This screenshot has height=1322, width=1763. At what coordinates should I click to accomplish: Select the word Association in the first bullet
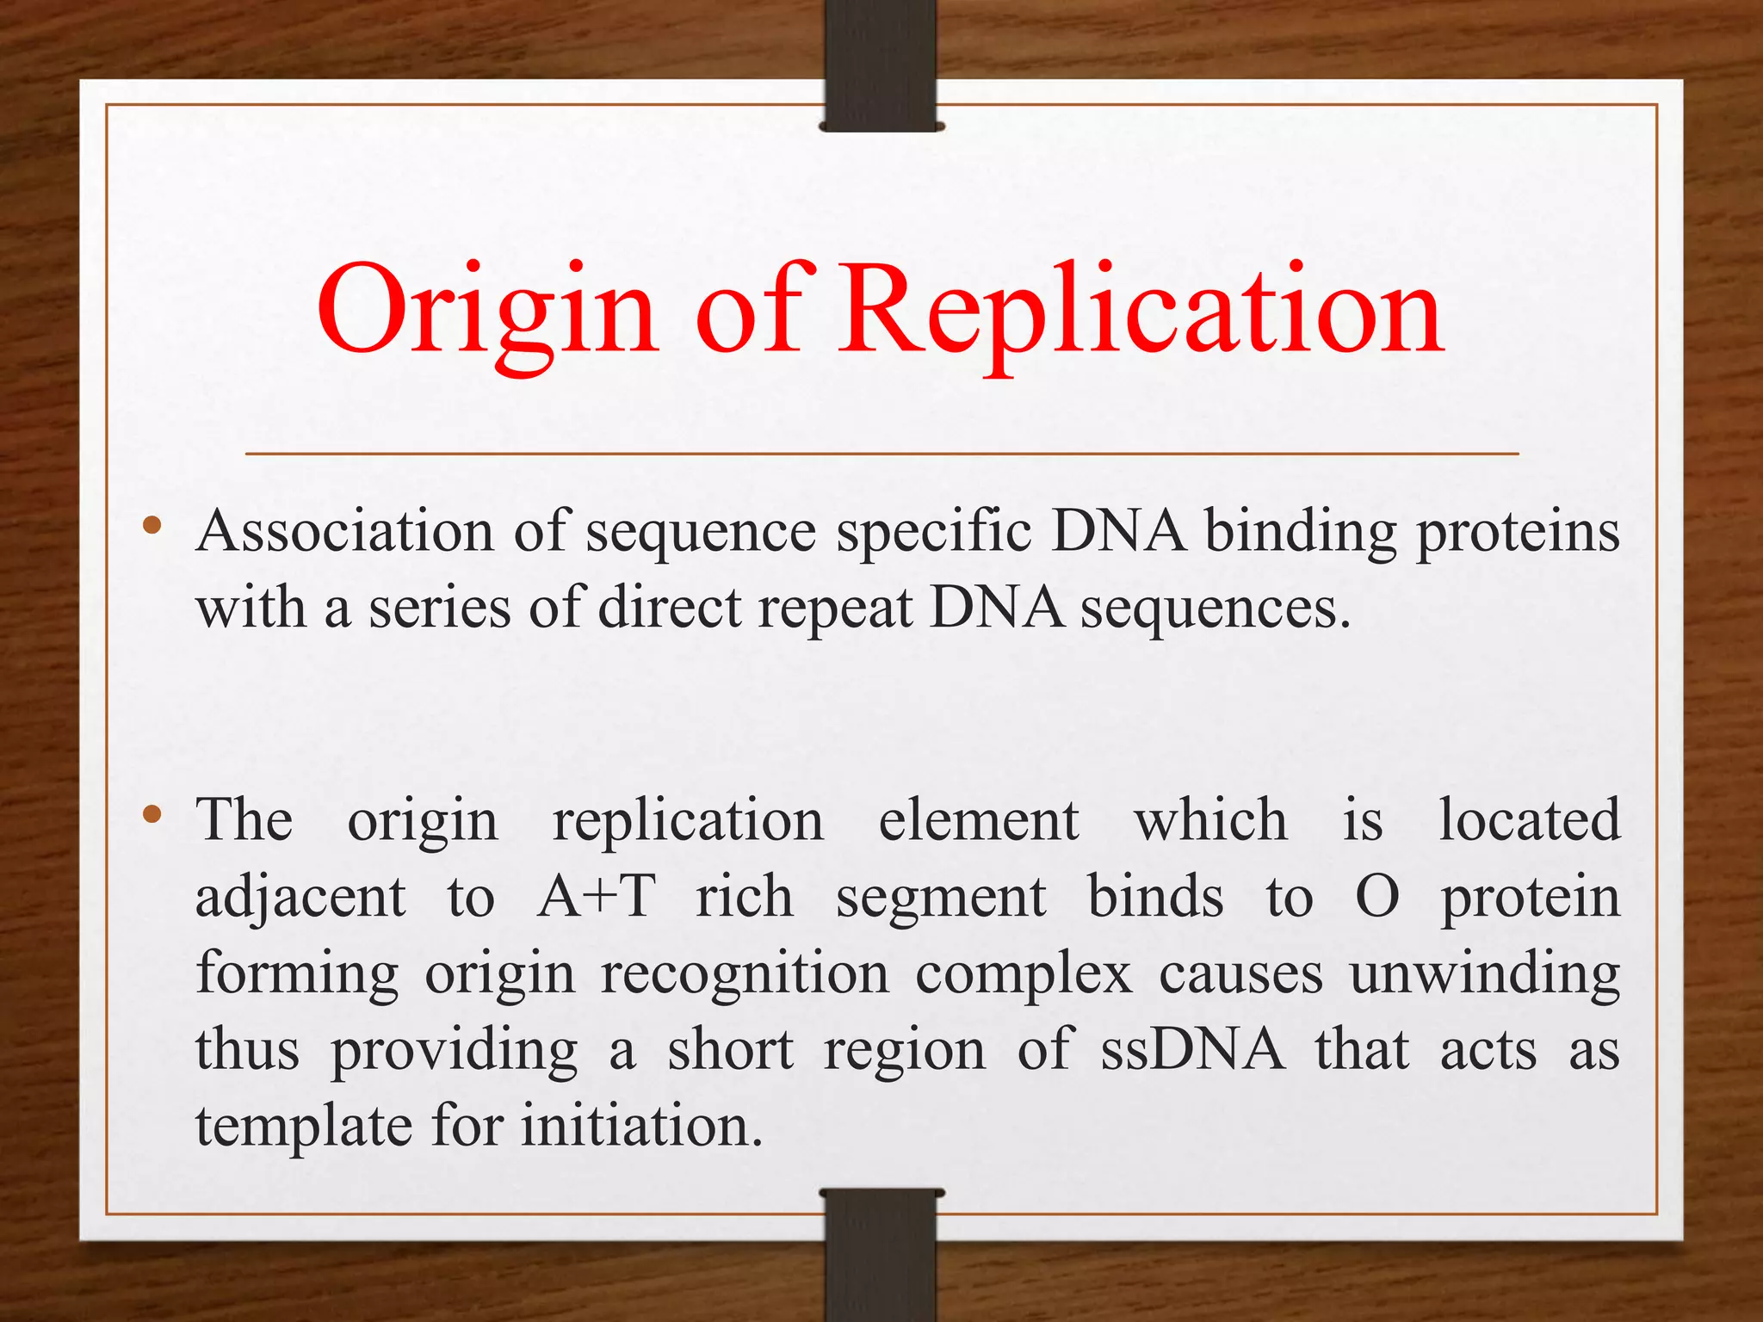point(344,531)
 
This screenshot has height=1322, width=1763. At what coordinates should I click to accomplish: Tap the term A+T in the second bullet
point(596,897)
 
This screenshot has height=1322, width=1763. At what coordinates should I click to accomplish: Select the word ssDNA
point(1192,1050)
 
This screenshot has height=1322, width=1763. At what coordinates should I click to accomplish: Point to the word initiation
point(641,1126)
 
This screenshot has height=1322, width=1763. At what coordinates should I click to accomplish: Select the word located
point(1530,819)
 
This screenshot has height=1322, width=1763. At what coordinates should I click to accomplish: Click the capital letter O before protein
point(1376,897)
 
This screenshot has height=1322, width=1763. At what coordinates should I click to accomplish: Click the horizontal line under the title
point(881,454)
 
